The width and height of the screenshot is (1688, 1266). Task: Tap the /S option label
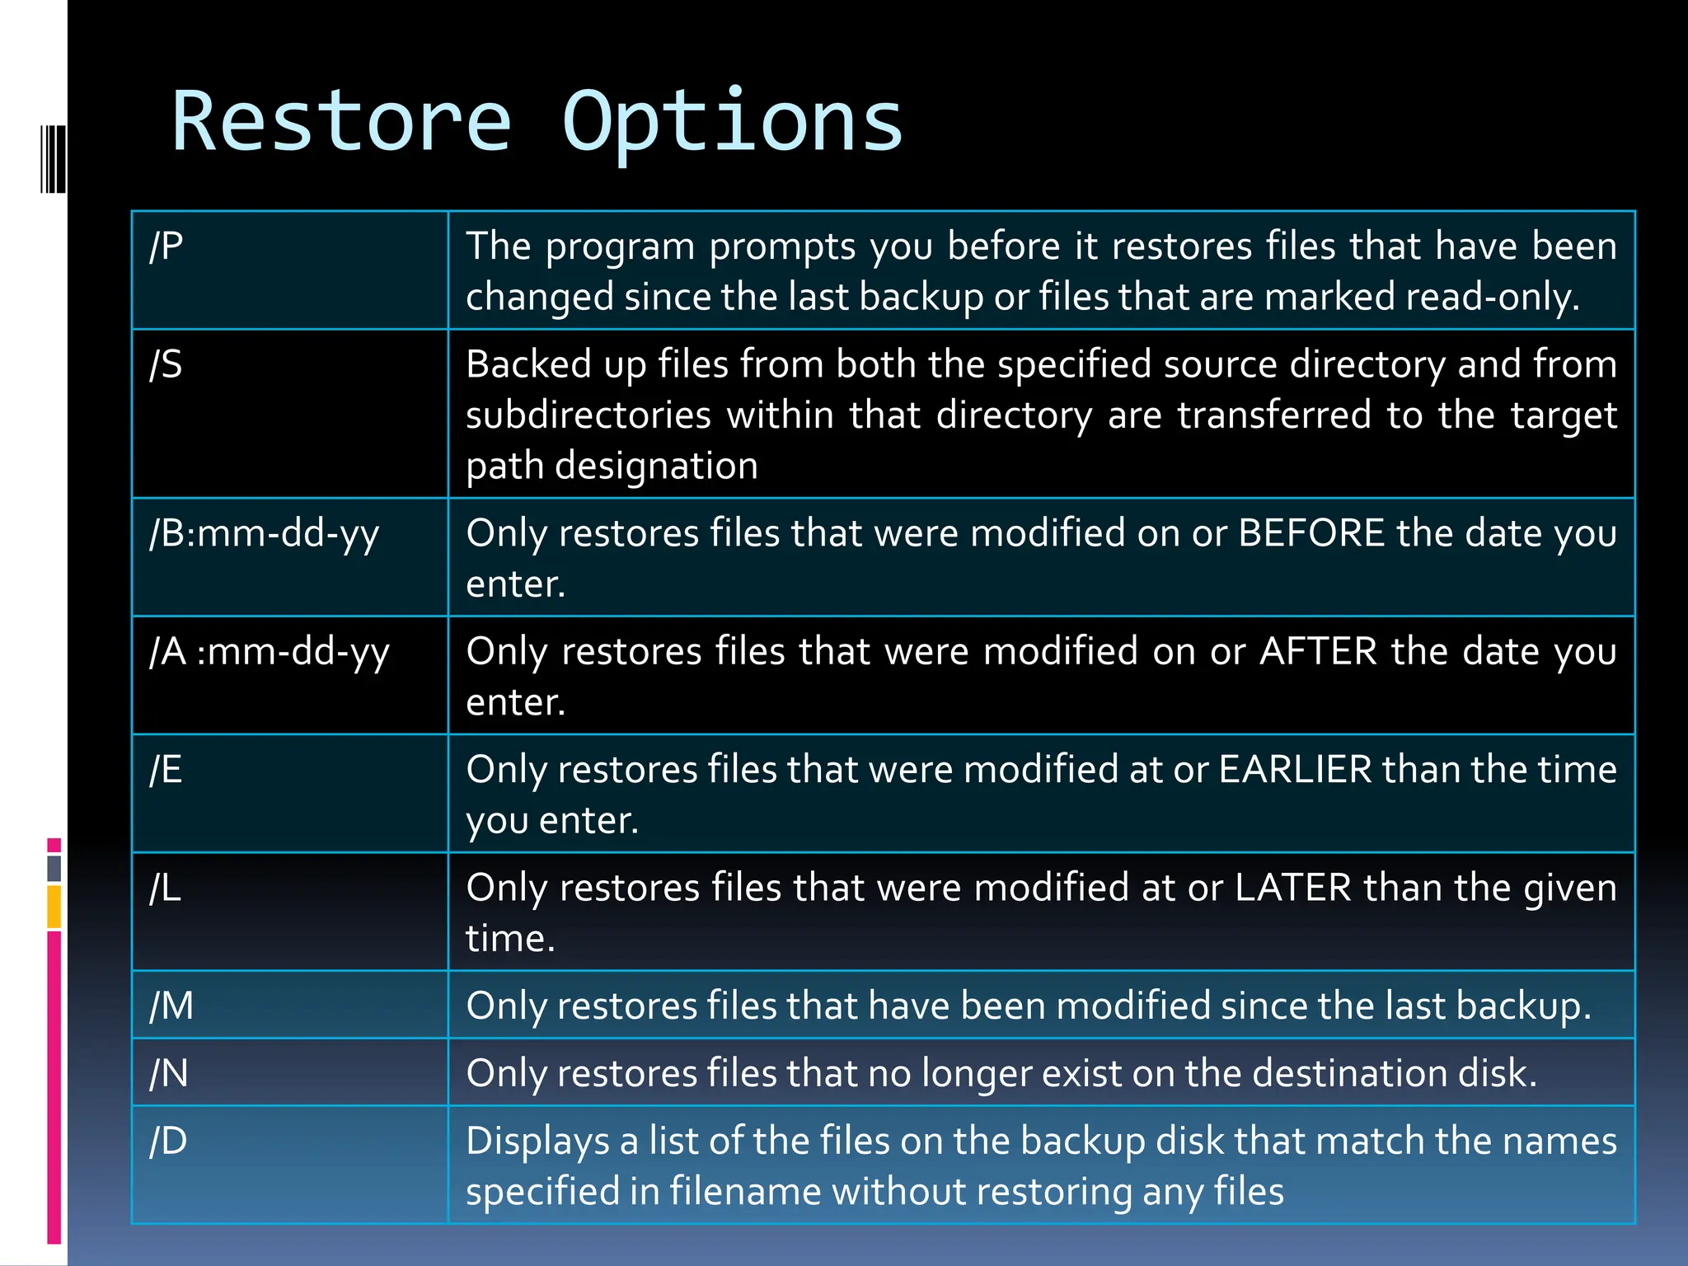coord(166,364)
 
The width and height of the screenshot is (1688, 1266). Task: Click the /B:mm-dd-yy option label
coord(264,534)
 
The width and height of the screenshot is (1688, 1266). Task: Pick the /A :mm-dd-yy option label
coord(269,652)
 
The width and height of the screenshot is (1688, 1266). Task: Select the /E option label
coord(166,770)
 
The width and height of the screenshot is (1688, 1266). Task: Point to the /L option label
coord(165,889)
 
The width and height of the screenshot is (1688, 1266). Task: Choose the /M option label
coord(171,1006)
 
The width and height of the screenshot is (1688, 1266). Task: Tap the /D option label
coord(168,1142)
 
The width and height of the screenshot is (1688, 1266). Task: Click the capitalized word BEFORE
coord(1311,533)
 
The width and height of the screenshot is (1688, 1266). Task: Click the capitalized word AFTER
coord(1318,652)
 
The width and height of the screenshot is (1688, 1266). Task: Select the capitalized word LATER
coord(1292,889)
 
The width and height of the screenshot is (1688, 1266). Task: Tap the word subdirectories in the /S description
coord(588,415)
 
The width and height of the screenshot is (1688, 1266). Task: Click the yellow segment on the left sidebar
coord(54,907)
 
